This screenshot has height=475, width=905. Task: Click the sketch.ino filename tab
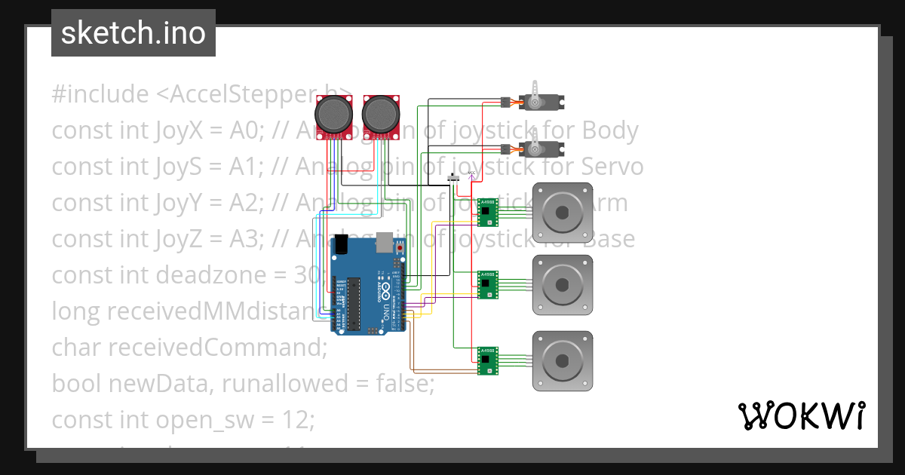coord(133,33)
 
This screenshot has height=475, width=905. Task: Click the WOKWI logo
coord(800,416)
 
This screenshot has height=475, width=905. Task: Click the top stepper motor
coord(563,213)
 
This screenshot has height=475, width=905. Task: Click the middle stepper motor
coord(563,285)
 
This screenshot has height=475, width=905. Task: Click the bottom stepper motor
coord(563,360)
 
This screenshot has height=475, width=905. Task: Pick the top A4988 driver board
coord(488,212)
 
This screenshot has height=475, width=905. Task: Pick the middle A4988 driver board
coord(488,285)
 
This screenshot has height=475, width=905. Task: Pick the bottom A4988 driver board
coord(488,360)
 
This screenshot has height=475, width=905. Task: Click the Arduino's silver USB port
coord(385,241)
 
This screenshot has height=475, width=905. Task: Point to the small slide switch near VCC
coord(454,178)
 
